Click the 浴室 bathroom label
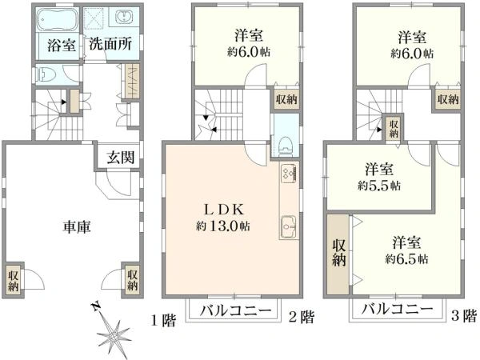pos(61,45)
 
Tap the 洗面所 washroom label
pos(110,45)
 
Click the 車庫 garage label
pos(76,226)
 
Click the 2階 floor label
pos(301,318)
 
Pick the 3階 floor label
pos(462,316)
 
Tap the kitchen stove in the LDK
pos(288,174)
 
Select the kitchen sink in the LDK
pos(288,226)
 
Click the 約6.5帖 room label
pos(406,250)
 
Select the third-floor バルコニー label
pos(395,310)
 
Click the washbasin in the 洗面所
pos(126,19)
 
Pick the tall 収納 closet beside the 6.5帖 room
pos(338,251)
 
